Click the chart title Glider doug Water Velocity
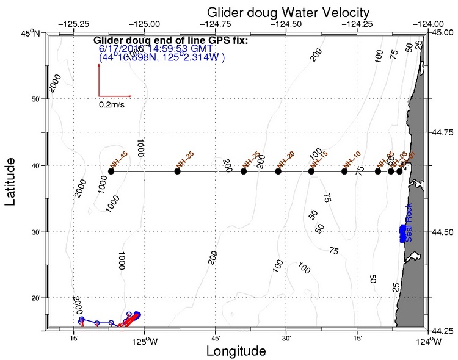click(x=288, y=12)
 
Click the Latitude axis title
click(x=11, y=181)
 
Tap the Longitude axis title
click(x=236, y=351)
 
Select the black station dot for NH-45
click(x=111, y=171)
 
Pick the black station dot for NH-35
click(x=177, y=171)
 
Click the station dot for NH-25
click(x=244, y=171)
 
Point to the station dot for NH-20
click(x=278, y=171)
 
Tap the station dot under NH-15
click(x=311, y=171)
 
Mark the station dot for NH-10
click(x=344, y=171)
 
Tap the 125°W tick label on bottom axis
click(x=142, y=339)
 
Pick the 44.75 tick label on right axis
click(x=443, y=132)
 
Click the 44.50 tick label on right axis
click(x=443, y=232)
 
